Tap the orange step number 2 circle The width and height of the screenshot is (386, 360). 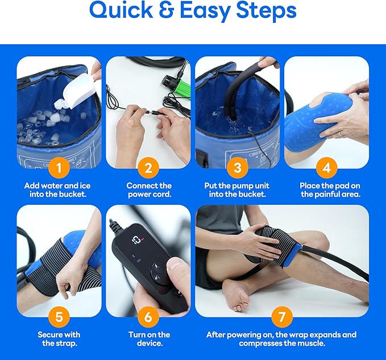point(148,167)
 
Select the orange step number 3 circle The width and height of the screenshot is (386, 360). point(237,167)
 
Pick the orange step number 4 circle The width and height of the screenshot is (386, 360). point(327,167)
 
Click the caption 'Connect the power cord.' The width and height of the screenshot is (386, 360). point(149,190)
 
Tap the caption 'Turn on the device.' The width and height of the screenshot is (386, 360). point(149,339)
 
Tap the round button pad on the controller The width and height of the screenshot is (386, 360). point(159,272)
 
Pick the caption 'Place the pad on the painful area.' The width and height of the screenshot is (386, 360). point(327,190)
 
